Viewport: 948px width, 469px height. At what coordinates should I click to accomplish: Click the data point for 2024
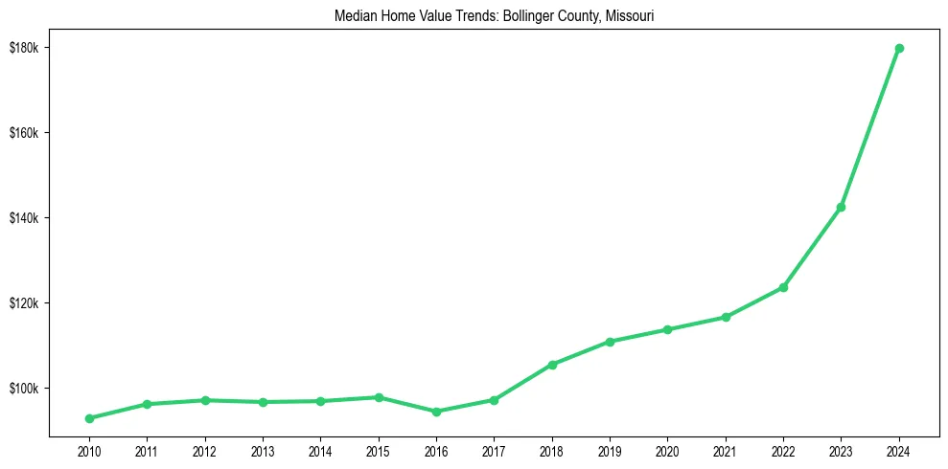[x=899, y=48]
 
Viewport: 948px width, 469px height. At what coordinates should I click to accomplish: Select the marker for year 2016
[x=436, y=412]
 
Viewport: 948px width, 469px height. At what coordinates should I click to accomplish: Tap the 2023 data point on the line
[x=841, y=207]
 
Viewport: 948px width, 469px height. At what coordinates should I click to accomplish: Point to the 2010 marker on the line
[x=89, y=418]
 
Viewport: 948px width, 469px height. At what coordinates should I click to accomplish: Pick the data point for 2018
[x=552, y=365]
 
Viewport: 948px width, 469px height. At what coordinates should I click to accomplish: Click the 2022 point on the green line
[x=783, y=287]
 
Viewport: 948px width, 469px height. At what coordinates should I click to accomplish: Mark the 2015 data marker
[x=379, y=397]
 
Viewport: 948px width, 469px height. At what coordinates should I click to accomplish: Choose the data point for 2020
[x=667, y=329]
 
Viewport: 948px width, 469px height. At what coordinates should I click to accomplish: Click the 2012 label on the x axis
[x=205, y=450]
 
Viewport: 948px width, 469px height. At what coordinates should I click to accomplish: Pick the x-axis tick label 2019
[x=610, y=450]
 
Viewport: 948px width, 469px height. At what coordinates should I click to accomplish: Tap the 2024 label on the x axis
[x=899, y=450]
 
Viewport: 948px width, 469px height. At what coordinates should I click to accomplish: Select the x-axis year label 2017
[x=494, y=450]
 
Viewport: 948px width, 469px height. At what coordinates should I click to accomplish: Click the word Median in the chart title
[x=353, y=16]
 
